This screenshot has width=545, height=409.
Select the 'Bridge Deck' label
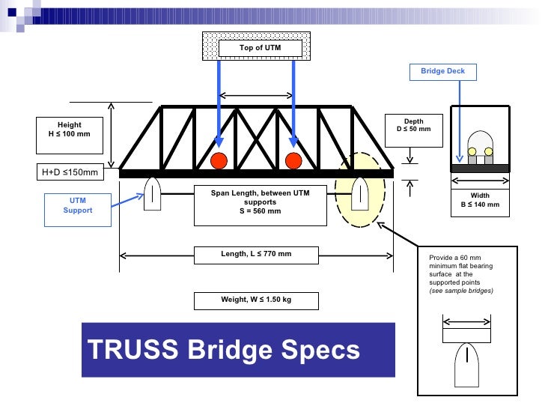tap(442, 71)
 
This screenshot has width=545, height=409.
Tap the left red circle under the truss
tap(219, 160)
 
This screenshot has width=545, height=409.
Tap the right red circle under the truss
tap(293, 160)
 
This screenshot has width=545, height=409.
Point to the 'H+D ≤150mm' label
tap(69, 173)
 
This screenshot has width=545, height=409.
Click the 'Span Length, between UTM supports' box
tap(260, 204)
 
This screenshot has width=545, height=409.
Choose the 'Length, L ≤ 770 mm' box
tap(256, 255)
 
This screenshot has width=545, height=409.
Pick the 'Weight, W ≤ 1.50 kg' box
tap(256, 300)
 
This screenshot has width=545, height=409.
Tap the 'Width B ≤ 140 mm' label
tap(480, 200)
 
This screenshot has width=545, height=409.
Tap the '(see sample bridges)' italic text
tap(461, 290)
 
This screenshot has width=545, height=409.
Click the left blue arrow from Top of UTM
tap(219, 101)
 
